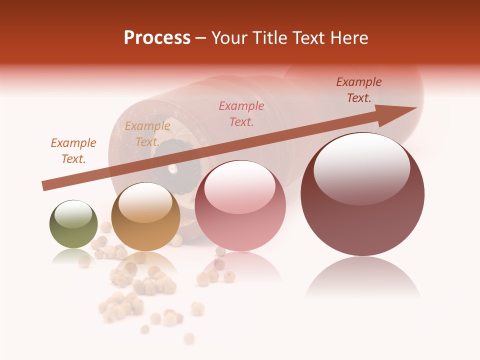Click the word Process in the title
[x=157, y=38]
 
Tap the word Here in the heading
[x=348, y=38]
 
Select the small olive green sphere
[x=73, y=224]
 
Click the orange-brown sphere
[x=145, y=217]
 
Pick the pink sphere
[x=240, y=205]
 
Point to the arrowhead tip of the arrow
[x=415, y=108]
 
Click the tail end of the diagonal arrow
[x=44, y=186]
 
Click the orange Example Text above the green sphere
[x=73, y=150]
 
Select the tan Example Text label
[x=147, y=133]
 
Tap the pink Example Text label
[x=241, y=113]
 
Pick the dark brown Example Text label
[x=358, y=89]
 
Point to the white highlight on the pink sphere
[x=239, y=187]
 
